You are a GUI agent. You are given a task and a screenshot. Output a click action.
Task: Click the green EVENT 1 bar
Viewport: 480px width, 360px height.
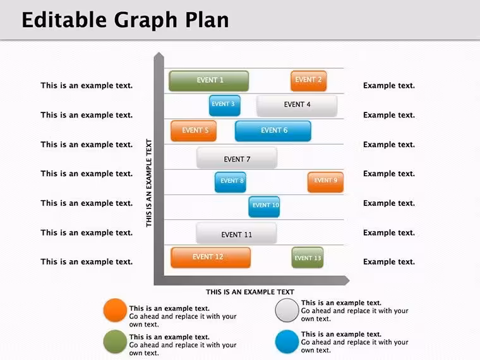click(x=209, y=81)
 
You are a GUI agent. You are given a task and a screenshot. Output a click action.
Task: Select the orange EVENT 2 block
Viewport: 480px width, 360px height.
click(x=309, y=81)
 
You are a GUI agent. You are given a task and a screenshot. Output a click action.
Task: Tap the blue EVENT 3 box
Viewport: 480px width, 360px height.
click(x=225, y=105)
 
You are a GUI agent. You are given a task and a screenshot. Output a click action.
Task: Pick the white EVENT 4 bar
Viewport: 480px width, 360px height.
click(x=297, y=105)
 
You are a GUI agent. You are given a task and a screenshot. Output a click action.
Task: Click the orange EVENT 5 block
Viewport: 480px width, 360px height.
click(x=194, y=131)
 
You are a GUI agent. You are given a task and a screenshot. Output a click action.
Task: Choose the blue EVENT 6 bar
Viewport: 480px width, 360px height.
click(x=273, y=131)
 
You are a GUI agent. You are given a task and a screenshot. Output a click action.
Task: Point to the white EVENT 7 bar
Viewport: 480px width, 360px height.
click(x=237, y=158)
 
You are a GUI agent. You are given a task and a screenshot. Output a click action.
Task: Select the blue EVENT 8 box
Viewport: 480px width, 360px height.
click(x=231, y=182)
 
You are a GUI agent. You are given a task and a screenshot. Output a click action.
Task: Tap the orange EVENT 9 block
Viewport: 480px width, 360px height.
click(x=326, y=182)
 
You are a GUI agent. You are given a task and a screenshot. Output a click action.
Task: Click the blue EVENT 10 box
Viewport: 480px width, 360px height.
click(x=264, y=207)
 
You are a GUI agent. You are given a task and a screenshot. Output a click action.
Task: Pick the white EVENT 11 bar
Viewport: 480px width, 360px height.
click(x=237, y=233)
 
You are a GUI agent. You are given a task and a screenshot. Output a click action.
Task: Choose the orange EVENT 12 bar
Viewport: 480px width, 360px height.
click(x=210, y=258)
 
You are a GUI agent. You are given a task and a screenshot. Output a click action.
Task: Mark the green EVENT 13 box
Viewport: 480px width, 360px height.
click(x=308, y=258)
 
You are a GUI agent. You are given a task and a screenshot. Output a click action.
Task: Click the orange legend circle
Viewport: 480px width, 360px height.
click(x=115, y=310)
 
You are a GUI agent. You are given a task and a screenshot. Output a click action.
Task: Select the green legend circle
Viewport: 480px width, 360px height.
click(x=115, y=342)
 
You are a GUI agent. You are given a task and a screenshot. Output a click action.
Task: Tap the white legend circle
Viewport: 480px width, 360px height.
click(x=287, y=310)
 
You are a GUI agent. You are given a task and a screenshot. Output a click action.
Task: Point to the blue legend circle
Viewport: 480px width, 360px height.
click(x=287, y=342)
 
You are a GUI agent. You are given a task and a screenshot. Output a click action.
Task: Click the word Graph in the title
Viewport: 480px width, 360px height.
click(x=146, y=21)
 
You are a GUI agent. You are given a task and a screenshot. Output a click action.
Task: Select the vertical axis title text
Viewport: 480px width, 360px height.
click(x=149, y=183)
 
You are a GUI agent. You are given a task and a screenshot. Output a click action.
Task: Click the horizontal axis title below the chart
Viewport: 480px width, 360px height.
click(x=250, y=292)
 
